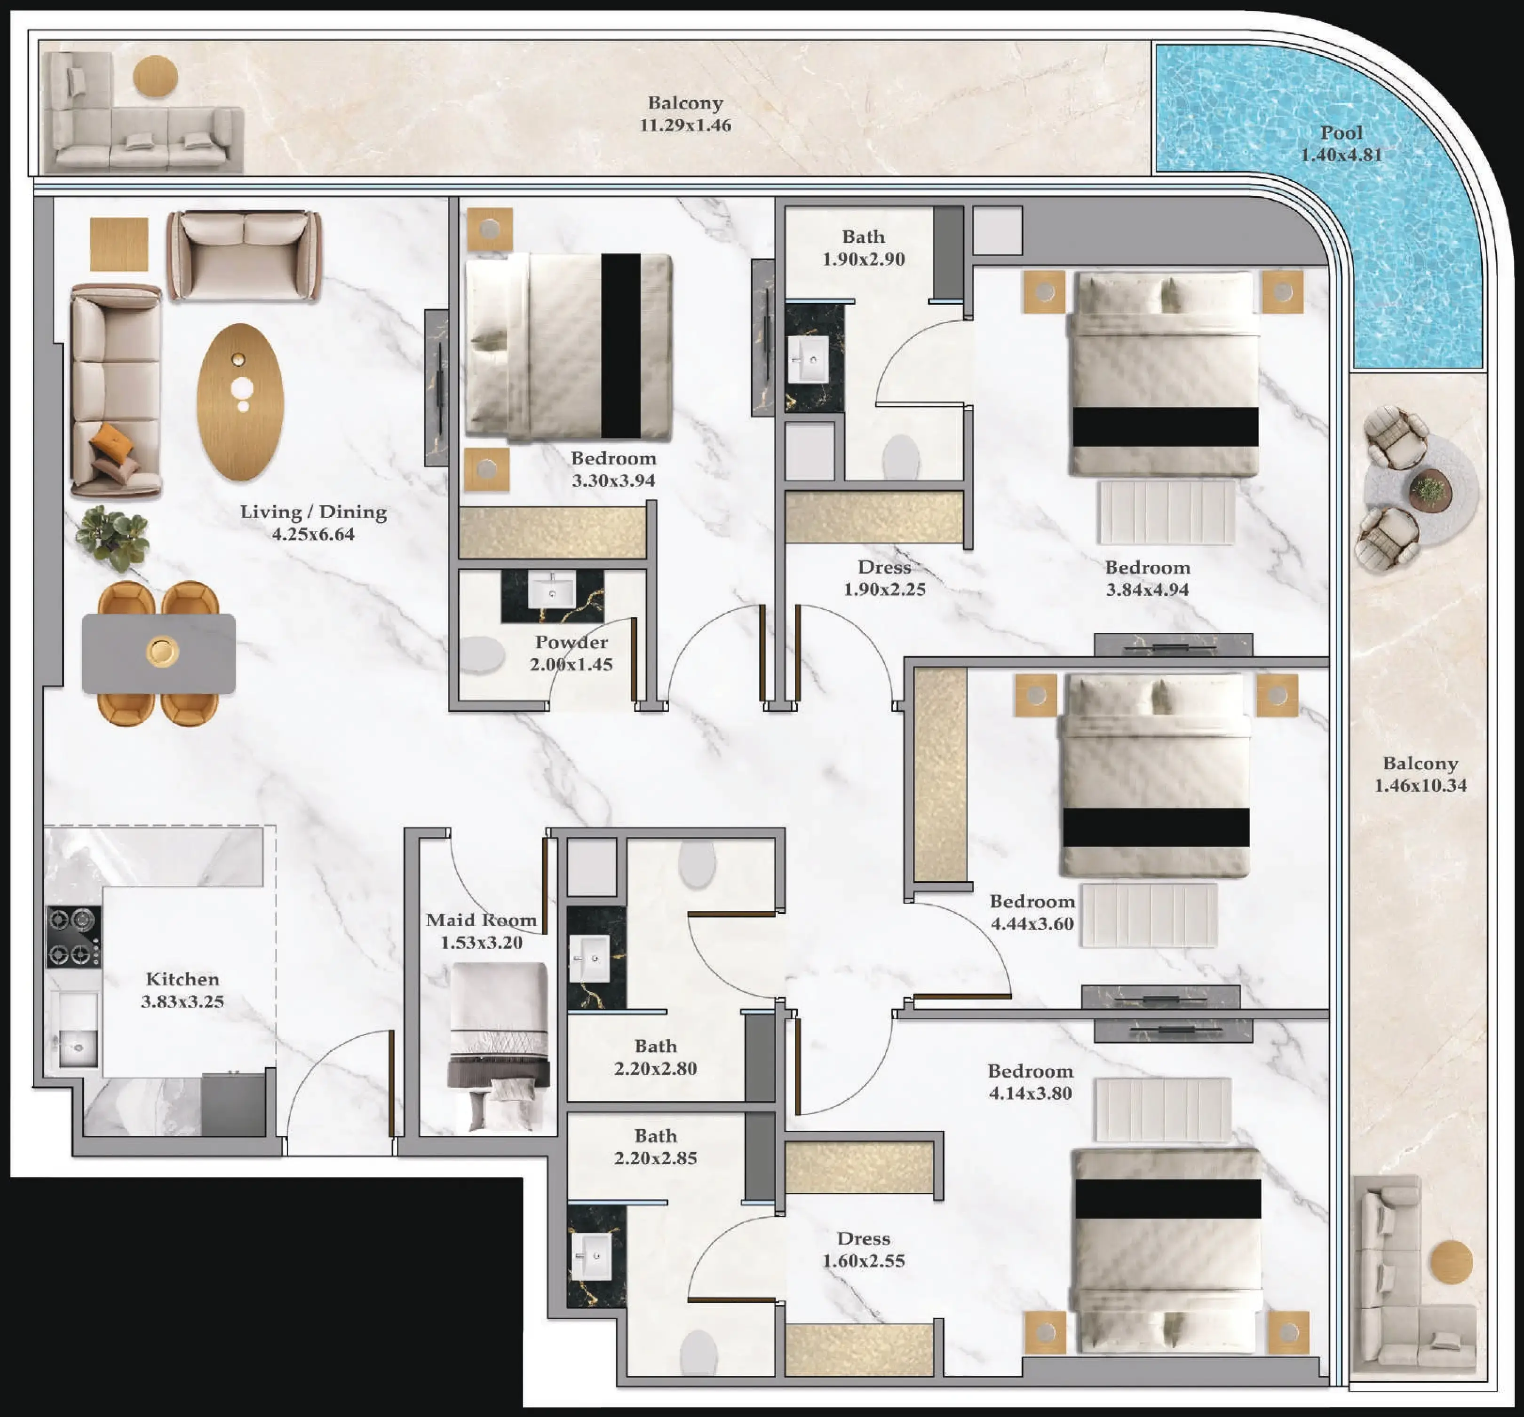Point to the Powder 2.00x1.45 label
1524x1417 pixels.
click(571, 653)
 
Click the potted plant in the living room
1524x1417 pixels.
click(113, 537)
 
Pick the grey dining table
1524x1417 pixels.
click(159, 653)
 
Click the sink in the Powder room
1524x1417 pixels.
click(551, 590)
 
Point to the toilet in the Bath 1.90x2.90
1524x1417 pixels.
click(901, 457)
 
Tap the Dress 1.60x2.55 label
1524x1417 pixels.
click(864, 1249)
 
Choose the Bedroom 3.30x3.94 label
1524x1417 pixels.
click(613, 469)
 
